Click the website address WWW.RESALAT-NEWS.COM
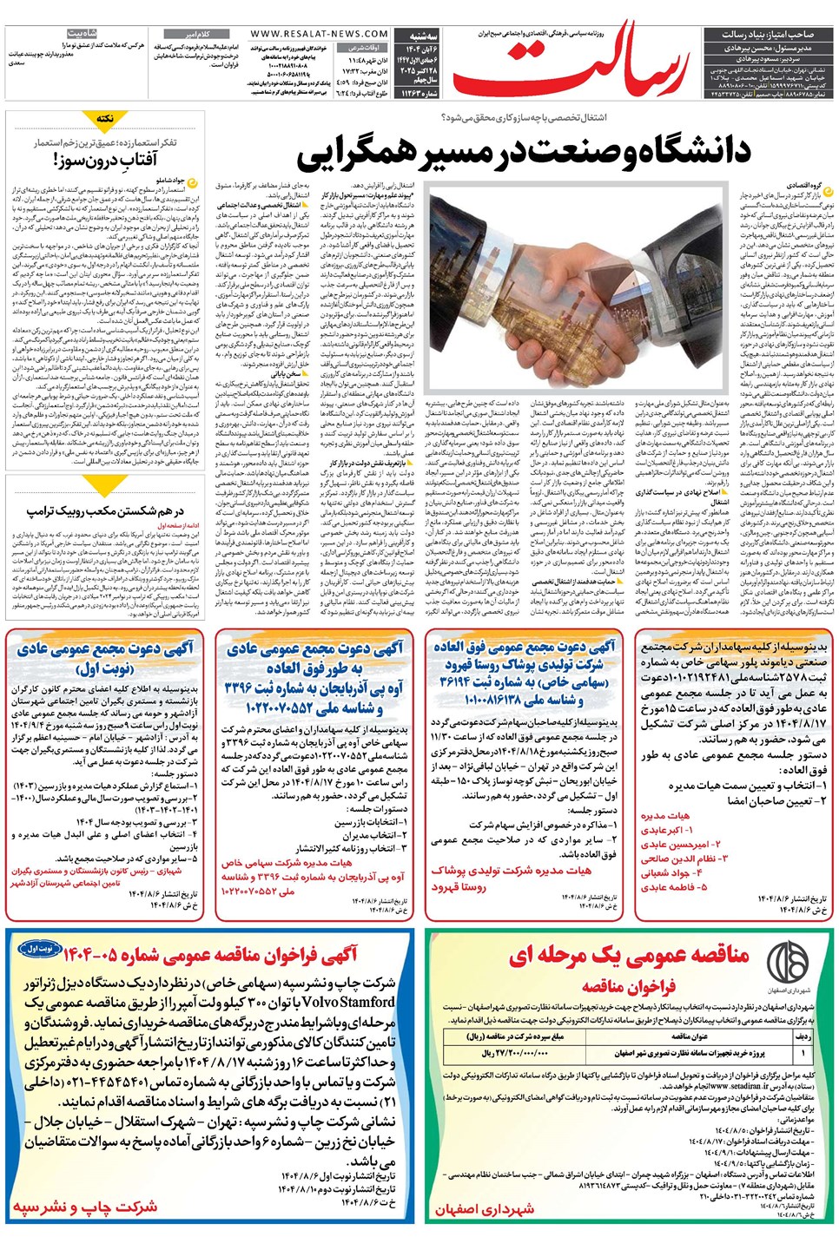pos(319,34)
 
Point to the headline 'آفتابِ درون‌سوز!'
pos(105,160)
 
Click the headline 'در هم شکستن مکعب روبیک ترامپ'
pos(104,511)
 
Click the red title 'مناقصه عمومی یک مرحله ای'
pos(630,954)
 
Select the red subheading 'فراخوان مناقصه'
pos(629,986)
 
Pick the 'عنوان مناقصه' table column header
pos(690,1036)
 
